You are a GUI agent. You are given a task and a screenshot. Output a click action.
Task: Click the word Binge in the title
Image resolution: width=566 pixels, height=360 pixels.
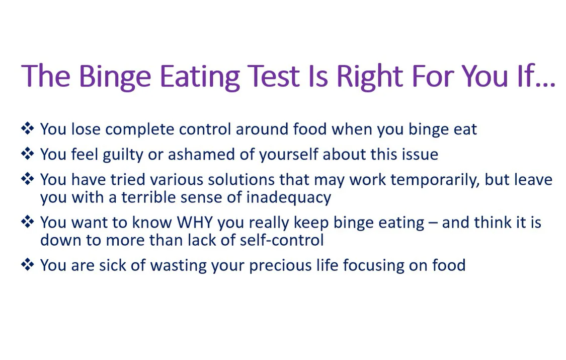click(x=115, y=77)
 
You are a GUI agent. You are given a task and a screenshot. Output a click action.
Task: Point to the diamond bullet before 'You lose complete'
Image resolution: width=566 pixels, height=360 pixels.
click(x=27, y=129)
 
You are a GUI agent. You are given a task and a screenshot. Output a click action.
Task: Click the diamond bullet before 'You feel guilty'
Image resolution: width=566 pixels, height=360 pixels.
click(x=27, y=154)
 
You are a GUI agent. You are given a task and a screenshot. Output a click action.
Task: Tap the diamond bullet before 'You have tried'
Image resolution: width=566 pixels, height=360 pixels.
click(x=27, y=179)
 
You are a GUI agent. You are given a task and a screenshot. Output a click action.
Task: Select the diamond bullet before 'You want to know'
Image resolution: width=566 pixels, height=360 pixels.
click(x=27, y=222)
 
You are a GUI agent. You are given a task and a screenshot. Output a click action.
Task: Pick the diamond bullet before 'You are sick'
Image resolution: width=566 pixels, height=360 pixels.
click(x=27, y=265)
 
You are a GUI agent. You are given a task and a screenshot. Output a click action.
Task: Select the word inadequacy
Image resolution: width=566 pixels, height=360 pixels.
click(x=288, y=197)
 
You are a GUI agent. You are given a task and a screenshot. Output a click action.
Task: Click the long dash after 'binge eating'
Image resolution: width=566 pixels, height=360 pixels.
click(x=433, y=223)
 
